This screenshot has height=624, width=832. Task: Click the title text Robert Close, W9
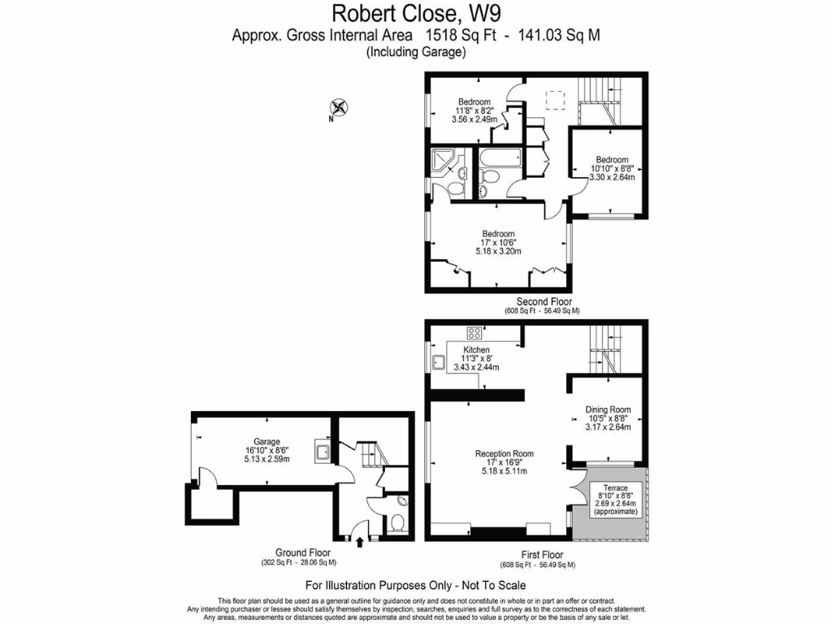(x=415, y=14)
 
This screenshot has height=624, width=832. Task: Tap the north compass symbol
(x=338, y=107)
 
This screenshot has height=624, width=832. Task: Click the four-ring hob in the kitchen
(x=474, y=332)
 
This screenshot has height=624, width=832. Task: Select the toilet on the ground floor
(x=396, y=521)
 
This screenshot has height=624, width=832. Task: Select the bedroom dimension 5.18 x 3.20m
(x=496, y=252)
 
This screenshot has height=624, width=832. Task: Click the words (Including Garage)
(x=415, y=52)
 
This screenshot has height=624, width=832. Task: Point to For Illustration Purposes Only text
(x=415, y=585)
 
